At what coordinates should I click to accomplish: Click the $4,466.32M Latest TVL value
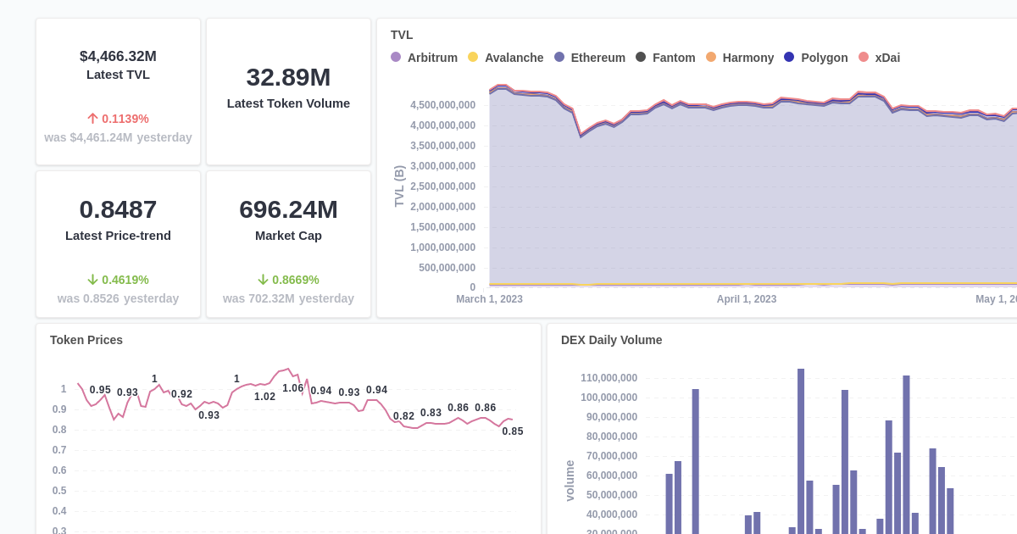(x=118, y=56)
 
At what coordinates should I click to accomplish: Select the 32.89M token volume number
(x=288, y=77)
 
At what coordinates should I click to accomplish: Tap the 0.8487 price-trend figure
(x=118, y=209)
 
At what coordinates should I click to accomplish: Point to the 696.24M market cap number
(x=288, y=209)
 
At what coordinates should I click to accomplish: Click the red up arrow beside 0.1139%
(x=93, y=119)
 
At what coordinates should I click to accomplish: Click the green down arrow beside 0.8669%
(x=263, y=280)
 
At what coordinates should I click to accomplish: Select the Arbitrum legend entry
(x=424, y=58)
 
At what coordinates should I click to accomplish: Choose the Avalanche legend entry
(x=505, y=58)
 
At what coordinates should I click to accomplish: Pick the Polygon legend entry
(x=815, y=58)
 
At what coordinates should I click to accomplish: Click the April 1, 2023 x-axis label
(x=746, y=299)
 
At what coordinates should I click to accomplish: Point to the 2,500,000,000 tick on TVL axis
(x=442, y=186)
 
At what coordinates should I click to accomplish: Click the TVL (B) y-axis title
(x=399, y=186)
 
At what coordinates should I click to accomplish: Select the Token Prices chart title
(x=86, y=340)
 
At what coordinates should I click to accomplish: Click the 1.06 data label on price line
(x=293, y=388)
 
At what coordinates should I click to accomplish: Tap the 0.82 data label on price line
(x=403, y=416)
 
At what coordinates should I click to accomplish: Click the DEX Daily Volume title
(x=611, y=340)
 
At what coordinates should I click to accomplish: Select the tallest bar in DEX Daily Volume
(x=801, y=451)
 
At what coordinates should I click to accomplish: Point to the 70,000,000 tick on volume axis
(x=609, y=456)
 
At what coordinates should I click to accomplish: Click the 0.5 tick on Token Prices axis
(x=59, y=491)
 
